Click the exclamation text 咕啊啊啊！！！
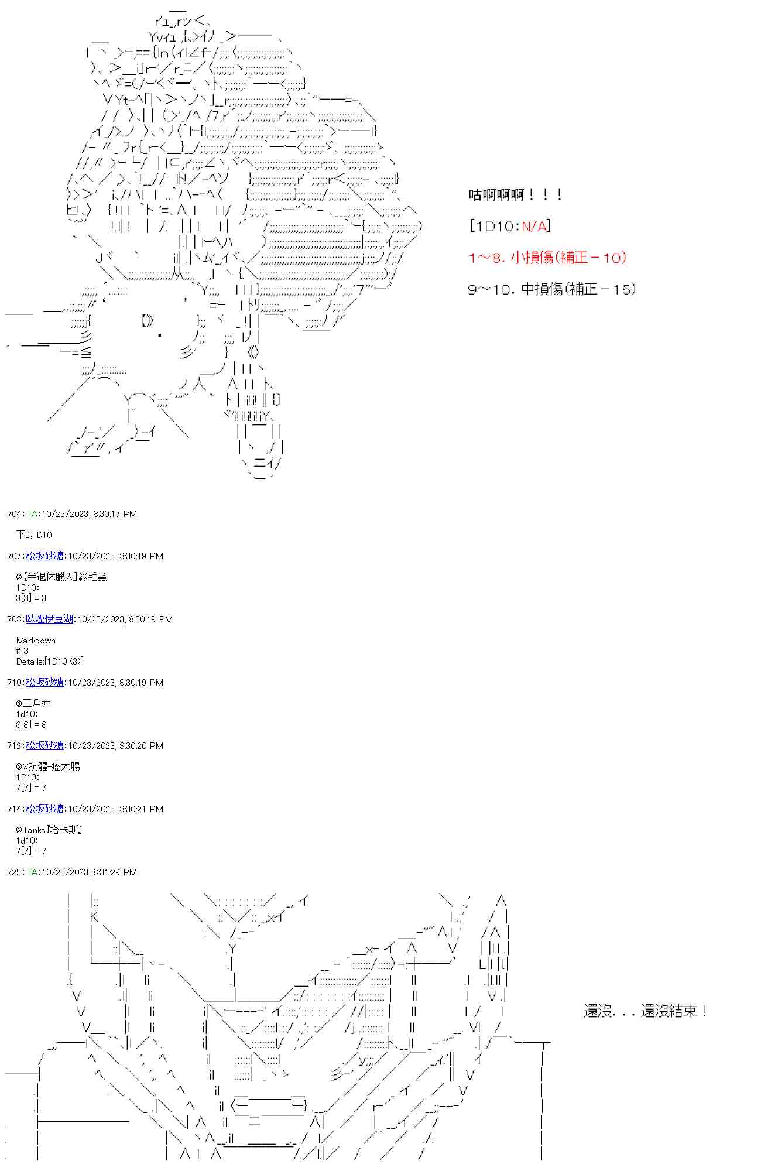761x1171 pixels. (x=515, y=195)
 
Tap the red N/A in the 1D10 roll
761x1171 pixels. (x=535, y=226)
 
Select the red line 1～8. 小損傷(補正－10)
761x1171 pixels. (x=547, y=257)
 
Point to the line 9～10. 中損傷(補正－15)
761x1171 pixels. (x=551, y=289)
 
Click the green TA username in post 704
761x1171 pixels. (x=32, y=514)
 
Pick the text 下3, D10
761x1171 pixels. (x=34, y=535)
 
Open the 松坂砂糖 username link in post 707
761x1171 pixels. (x=44, y=556)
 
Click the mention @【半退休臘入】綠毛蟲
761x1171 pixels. (x=61, y=577)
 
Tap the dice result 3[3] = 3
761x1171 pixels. (x=31, y=598)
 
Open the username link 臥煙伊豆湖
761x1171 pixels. (x=49, y=619)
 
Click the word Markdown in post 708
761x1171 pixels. (x=36, y=641)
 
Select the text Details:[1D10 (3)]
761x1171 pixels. (x=50, y=662)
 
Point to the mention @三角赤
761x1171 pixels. (x=33, y=703)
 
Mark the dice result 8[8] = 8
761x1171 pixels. (x=31, y=724)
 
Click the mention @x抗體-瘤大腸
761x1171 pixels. (x=48, y=766)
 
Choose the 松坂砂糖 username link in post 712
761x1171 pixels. (x=44, y=746)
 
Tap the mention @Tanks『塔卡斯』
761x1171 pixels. (x=49, y=830)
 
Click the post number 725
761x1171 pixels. (x=14, y=872)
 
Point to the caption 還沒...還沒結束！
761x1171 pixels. (x=645, y=1011)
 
